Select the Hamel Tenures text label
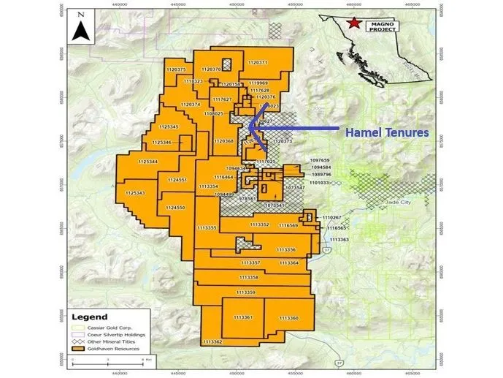[386, 134]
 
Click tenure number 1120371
[258, 63]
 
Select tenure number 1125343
[135, 193]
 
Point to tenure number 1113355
[207, 228]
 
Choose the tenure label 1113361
[242, 317]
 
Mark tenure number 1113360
[289, 318]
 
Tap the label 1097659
[320, 159]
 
